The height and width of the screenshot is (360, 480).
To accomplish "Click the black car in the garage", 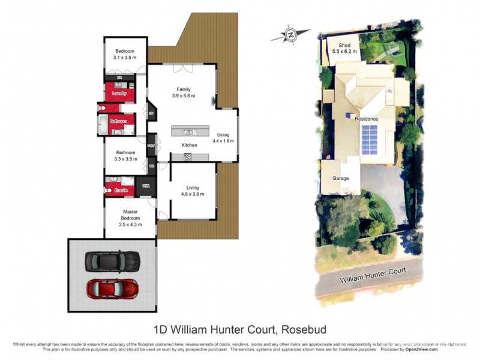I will click(112, 260).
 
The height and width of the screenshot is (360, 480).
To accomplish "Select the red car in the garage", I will click(112, 289).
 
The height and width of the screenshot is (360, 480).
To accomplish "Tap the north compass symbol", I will click(290, 35).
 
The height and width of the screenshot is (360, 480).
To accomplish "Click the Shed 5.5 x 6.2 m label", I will click(344, 49).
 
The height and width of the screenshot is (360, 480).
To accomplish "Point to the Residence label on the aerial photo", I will click(366, 119).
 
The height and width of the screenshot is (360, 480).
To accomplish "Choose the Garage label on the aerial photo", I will click(341, 178).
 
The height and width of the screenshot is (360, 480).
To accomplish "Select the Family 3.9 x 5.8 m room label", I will click(183, 92).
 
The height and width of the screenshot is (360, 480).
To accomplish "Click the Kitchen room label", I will click(190, 145).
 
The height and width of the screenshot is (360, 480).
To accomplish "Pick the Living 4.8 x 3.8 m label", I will click(193, 191).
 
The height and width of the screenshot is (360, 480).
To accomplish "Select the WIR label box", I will click(145, 187).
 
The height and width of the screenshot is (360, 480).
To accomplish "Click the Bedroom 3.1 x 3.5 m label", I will click(125, 55).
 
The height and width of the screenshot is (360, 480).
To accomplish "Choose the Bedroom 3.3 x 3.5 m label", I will click(125, 156).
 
